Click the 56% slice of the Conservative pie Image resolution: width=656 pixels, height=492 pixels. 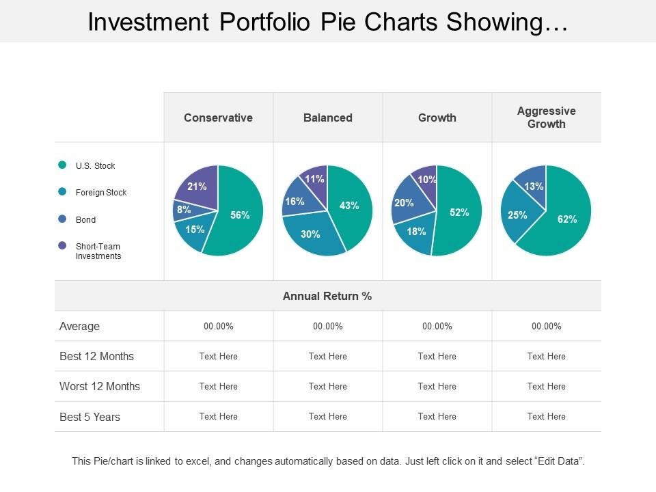tap(239, 215)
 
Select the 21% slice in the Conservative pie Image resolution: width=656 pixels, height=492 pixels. tap(198, 186)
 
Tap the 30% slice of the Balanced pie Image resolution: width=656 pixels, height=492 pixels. tap(311, 234)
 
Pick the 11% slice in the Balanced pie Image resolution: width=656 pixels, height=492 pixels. tap(315, 179)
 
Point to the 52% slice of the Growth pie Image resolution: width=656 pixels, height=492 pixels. tap(459, 213)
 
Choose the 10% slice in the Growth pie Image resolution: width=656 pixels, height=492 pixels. tap(426, 179)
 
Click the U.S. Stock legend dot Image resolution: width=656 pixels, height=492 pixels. tap(63, 165)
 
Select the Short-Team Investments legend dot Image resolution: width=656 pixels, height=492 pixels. tap(63, 245)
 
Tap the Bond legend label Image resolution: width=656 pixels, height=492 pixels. tap(85, 220)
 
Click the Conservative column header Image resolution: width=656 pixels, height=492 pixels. tap(218, 118)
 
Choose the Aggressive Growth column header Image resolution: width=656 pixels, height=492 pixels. tap(546, 118)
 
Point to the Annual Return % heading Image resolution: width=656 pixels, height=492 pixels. tap(327, 296)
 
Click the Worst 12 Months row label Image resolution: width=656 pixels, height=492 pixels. tap(100, 386)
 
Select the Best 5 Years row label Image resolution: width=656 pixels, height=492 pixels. tap(90, 417)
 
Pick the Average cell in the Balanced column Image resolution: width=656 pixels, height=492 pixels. tap(327, 327)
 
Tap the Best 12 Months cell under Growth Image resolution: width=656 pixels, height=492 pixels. tap(437, 356)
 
